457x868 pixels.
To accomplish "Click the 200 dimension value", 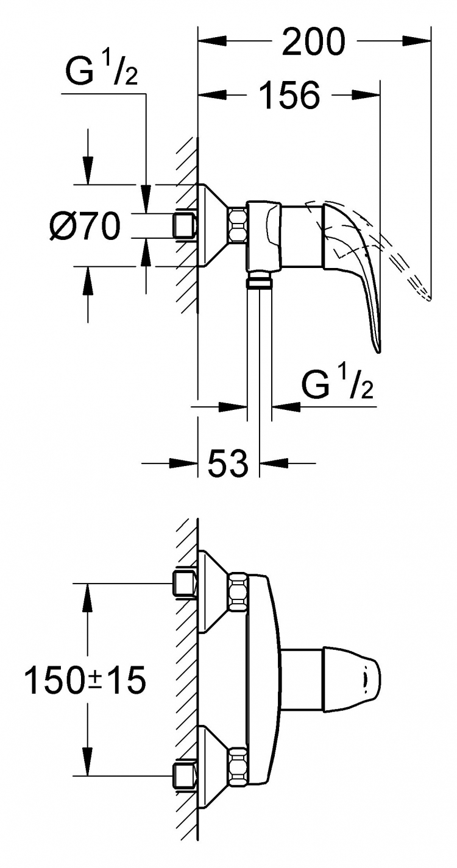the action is (313, 41).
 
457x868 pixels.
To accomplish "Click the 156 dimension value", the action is (289, 94).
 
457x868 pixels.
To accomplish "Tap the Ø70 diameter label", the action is (85, 226).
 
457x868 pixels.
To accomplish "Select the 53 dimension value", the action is (228, 463).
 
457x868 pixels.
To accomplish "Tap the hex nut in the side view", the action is (237, 227).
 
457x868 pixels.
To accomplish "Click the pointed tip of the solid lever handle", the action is (378, 352).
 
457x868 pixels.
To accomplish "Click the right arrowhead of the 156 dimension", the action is (366, 94).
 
